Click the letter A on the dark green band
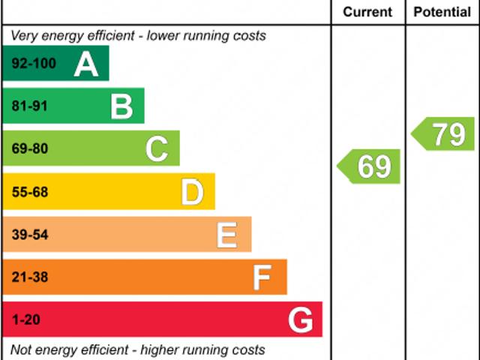click(x=86, y=64)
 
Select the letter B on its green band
click(x=121, y=106)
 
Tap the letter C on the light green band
click(x=157, y=149)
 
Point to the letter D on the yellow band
click(x=192, y=193)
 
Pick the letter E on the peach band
click(x=226, y=235)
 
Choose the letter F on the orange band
click(x=262, y=277)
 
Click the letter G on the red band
click(x=300, y=320)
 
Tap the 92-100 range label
click(x=34, y=64)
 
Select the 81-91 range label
click(x=29, y=106)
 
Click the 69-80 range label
click(x=29, y=149)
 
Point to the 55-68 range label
click(x=29, y=192)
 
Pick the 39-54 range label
click(x=29, y=235)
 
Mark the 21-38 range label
click(x=29, y=277)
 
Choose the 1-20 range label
click(x=25, y=320)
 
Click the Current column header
click(x=367, y=12)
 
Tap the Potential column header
click(x=442, y=12)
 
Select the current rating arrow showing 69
click(x=370, y=166)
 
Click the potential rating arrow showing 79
click(x=444, y=134)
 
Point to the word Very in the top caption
click(x=23, y=35)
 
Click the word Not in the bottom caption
click(x=20, y=349)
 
